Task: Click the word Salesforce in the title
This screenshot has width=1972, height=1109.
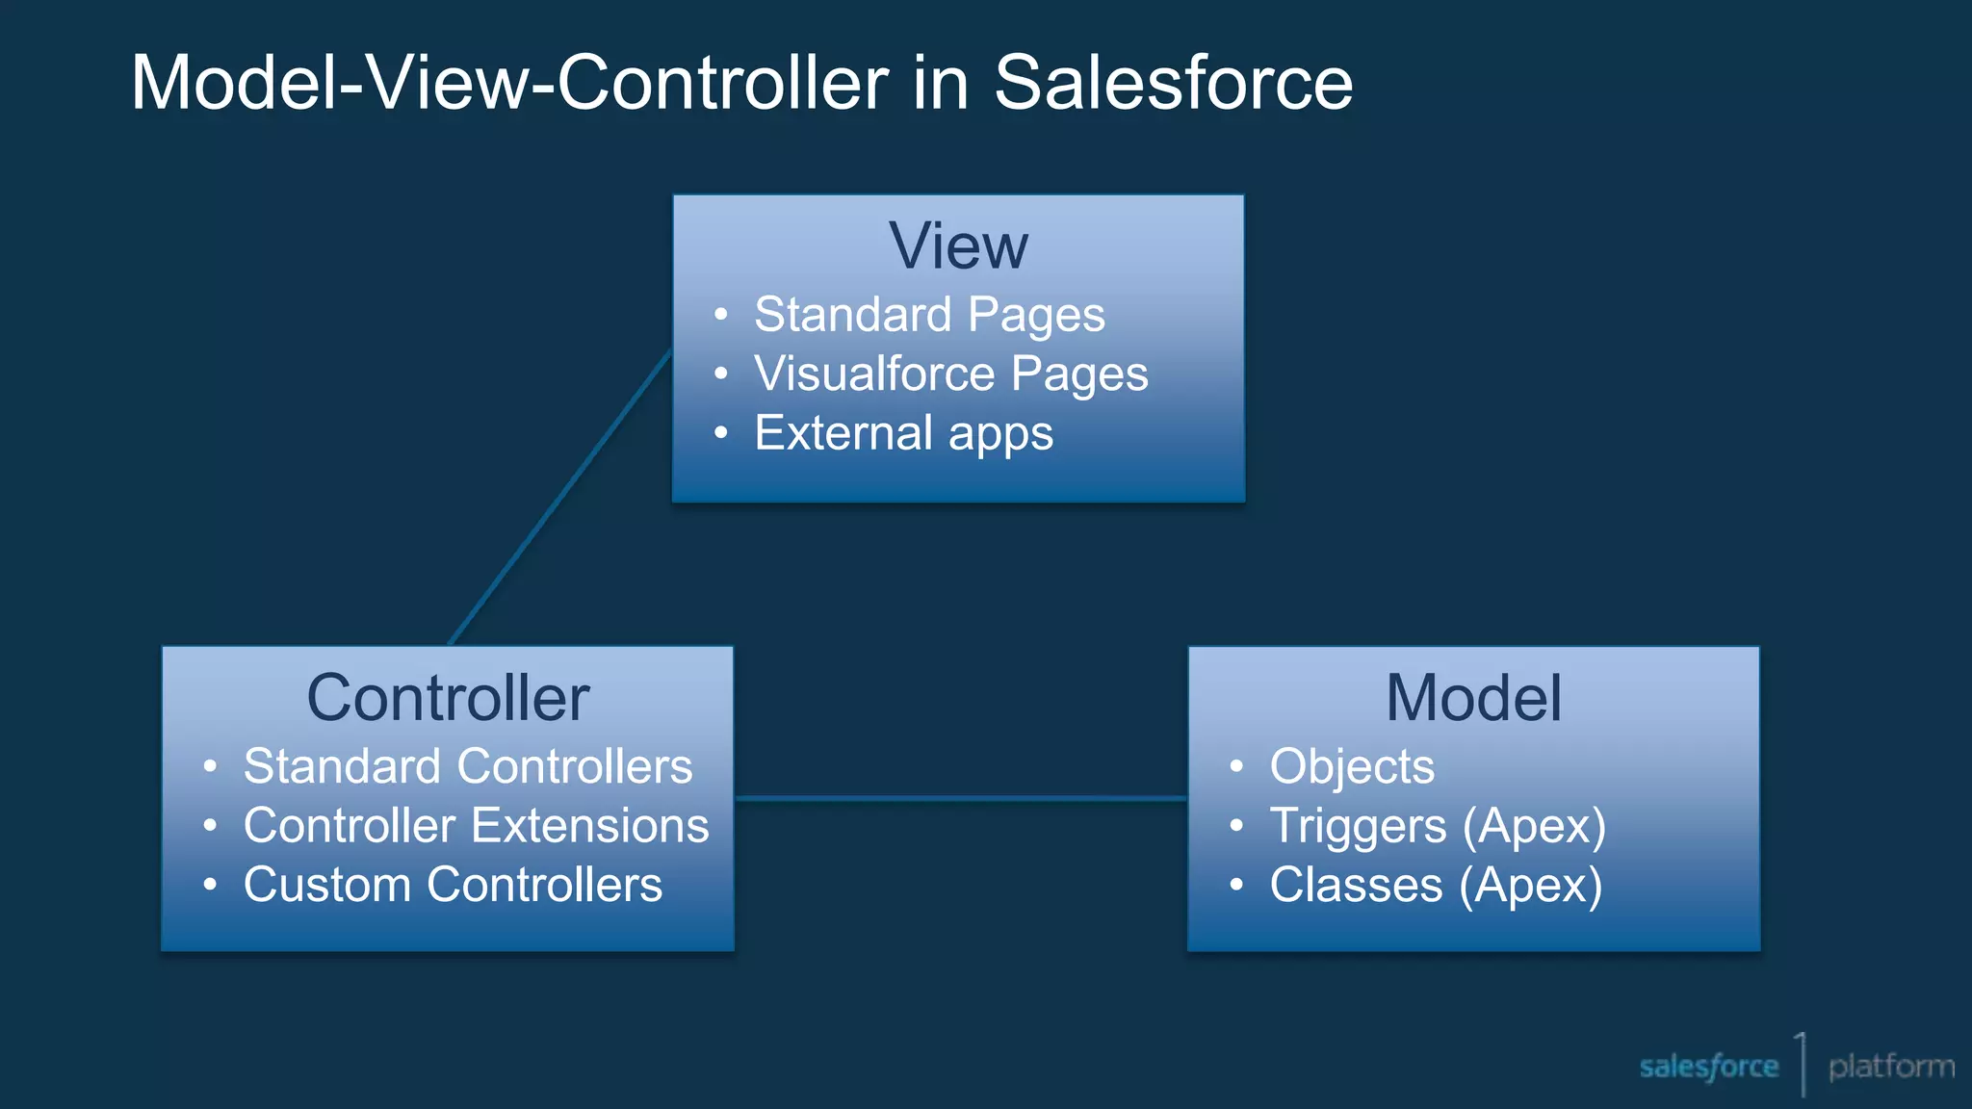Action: (x=1173, y=83)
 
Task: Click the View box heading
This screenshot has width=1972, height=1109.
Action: (x=958, y=246)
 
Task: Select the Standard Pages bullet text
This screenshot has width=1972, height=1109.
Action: (x=929, y=316)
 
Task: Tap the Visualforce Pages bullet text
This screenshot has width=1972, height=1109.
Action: (x=950, y=374)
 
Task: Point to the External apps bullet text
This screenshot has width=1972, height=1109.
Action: (x=903, y=433)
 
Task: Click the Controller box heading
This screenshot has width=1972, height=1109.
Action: (x=448, y=698)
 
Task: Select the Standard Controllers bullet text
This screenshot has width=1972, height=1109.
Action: (x=468, y=767)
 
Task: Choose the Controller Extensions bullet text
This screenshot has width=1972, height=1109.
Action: (x=476, y=826)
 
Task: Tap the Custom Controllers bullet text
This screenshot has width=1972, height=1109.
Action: (x=453, y=885)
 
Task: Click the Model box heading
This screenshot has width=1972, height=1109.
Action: (x=1473, y=698)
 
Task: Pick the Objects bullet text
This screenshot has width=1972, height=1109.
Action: (x=1351, y=767)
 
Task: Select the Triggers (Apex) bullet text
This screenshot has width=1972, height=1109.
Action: (x=1437, y=826)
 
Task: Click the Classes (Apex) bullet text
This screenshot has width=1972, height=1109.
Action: (x=1435, y=885)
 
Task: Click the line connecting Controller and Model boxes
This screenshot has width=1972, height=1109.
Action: (x=960, y=798)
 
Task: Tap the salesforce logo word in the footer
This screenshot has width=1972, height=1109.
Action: (x=1708, y=1067)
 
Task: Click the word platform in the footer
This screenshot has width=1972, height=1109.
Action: (x=1891, y=1067)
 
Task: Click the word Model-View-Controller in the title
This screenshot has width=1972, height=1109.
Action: (x=509, y=83)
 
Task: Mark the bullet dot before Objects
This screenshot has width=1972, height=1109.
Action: (x=1236, y=767)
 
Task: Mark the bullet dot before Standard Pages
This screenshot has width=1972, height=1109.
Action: (x=721, y=315)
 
